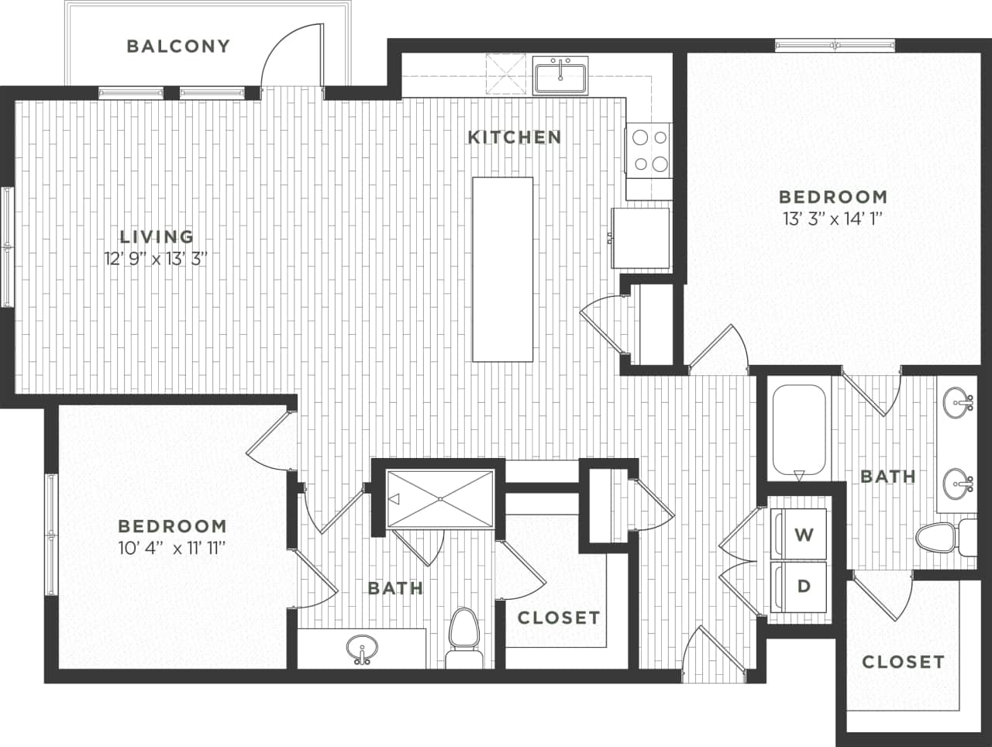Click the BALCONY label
pyautogui.click(x=178, y=46)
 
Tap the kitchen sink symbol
pyautogui.click(x=561, y=74)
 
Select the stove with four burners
pyautogui.click(x=648, y=150)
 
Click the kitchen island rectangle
pyautogui.click(x=503, y=269)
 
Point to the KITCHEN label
pyautogui.click(x=515, y=137)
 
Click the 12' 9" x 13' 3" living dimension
pyautogui.click(x=157, y=259)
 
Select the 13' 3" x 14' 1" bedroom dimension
pyautogui.click(x=832, y=219)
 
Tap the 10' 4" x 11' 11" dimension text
pyautogui.click(x=172, y=549)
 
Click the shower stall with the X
pyautogui.click(x=440, y=499)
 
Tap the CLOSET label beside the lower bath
pyautogui.click(x=559, y=618)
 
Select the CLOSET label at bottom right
pyautogui.click(x=903, y=662)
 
